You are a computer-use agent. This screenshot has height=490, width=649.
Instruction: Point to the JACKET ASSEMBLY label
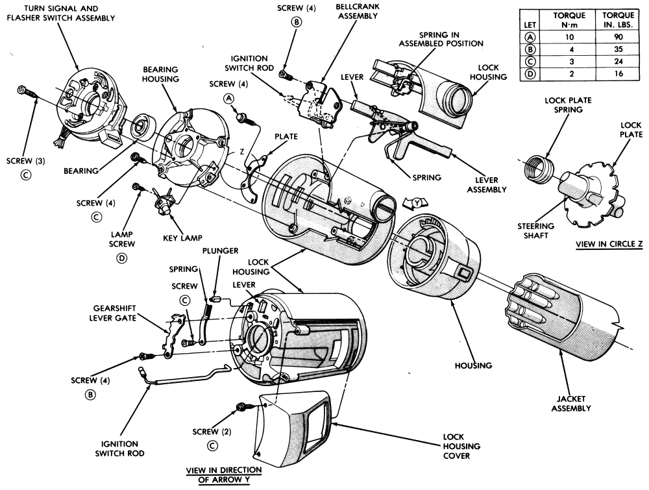pyautogui.click(x=571, y=402)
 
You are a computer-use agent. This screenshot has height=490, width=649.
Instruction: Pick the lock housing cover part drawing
pyautogui.click(x=295, y=422)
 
